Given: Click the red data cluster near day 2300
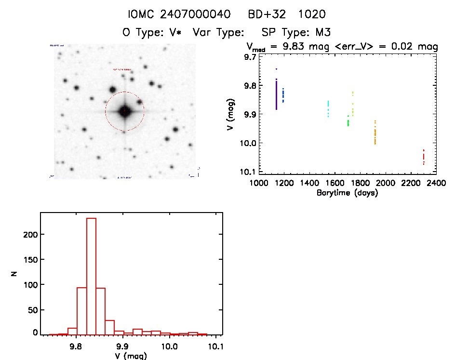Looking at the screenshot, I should click(423, 157).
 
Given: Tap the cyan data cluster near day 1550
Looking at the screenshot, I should click(328, 109).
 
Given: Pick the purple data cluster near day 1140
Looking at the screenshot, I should click(276, 94).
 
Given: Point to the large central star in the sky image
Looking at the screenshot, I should click(125, 111).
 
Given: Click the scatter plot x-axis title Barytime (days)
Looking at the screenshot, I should click(347, 193).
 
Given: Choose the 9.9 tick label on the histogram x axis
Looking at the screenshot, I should click(122, 346).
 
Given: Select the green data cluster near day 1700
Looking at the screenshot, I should click(348, 121).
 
